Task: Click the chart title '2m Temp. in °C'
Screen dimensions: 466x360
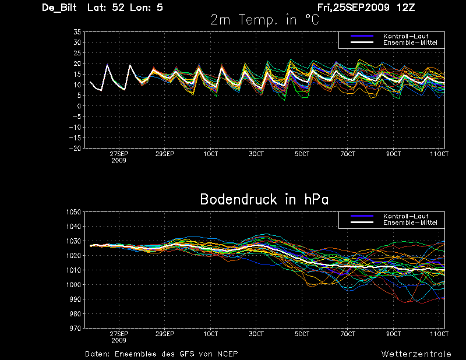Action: tap(264, 20)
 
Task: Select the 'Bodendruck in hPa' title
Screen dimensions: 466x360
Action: tap(264, 199)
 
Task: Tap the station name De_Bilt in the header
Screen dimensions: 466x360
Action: tap(59, 8)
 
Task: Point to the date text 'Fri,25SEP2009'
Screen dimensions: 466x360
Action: tap(354, 8)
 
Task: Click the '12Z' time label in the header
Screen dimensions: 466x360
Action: tap(405, 8)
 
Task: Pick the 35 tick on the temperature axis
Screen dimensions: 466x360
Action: tap(77, 32)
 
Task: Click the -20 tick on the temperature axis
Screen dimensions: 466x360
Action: tap(75, 148)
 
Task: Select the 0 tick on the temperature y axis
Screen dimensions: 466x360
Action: tap(79, 106)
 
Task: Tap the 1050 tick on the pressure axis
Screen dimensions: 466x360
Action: tap(74, 212)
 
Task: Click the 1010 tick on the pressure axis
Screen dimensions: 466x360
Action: tap(74, 270)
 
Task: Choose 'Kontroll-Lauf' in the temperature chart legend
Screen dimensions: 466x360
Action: tap(405, 36)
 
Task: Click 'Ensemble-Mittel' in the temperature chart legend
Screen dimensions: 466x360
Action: tap(410, 43)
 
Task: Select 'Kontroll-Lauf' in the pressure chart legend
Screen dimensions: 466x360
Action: tap(405, 216)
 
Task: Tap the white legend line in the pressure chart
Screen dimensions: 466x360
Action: tap(362, 223)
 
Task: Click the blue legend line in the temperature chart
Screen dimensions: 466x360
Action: tap(362, 36)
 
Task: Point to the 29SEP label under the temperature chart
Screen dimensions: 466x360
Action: tap(165, 154)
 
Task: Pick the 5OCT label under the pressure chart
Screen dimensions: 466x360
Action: tap(302, 334)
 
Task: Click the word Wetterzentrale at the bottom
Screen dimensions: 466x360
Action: tap(416, 354)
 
